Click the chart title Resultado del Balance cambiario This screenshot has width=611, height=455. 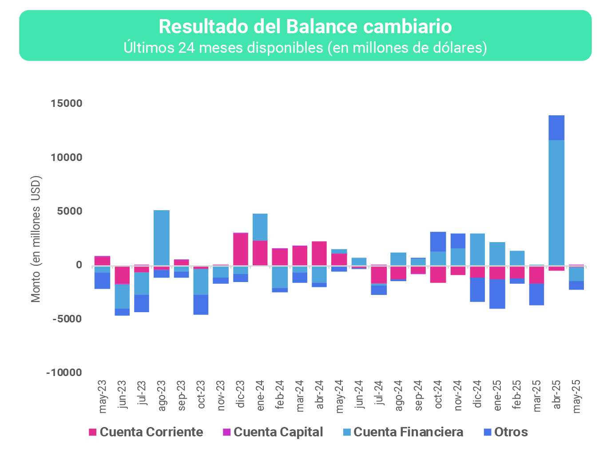[305, 27]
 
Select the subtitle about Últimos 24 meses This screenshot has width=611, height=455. [305, 47]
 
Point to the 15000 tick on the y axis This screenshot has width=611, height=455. [67, 103]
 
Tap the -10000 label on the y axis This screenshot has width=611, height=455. [64, 373]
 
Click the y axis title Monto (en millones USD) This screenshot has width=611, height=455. [36, 239]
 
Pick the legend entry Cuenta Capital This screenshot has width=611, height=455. [278, 432]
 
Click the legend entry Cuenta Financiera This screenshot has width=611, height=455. [408, 432]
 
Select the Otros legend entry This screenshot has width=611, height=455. [511, 432]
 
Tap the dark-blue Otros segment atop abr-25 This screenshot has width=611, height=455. [556, 128]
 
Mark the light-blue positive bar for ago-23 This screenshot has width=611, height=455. [162, 237]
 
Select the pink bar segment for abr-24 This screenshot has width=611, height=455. [319, 253]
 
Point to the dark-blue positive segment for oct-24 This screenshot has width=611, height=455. [438, 242]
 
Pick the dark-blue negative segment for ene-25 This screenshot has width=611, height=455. [497, 294]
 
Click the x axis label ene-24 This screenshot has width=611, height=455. [261, 396]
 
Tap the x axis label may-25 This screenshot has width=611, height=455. [577, 396]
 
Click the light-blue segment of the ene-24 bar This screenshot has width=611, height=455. [260, 227]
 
